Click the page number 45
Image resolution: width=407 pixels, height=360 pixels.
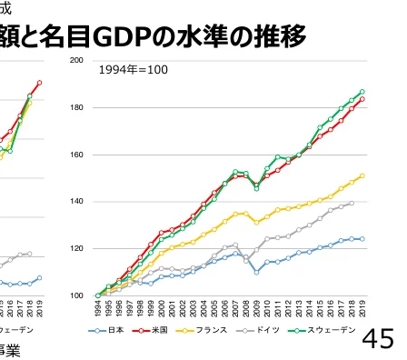tap(378, 339)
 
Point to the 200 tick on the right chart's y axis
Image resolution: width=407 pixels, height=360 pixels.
tap(77, 60)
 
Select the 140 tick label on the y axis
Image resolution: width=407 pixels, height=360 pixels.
tap(77, 202)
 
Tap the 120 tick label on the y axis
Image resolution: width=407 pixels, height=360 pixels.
tap(77, 248)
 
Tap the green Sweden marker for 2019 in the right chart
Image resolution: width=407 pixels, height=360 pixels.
tap(362, 92)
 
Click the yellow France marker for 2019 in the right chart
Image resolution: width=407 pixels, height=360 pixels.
tap(362, 175)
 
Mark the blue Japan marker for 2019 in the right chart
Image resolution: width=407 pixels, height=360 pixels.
tap(362, 239)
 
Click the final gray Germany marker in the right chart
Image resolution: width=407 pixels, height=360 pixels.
tap(352, 204)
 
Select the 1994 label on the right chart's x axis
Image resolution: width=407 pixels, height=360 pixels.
tap(97, 309)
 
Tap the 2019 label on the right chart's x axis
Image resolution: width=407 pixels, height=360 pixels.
tap(362, 309)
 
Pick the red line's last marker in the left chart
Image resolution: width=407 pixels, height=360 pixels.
tap(39, 83)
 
